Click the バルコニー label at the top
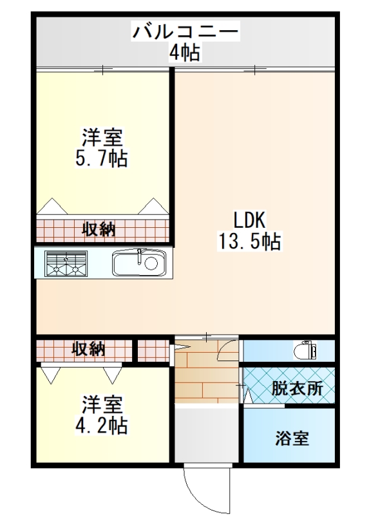click(x=185, y=31)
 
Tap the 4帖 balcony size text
click(x=184, y=52)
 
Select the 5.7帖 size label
click(x=102, y=158)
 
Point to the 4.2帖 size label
click(x=102, y=426)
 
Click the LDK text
click(x=249, y=220)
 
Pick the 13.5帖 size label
click(x=249, y=241)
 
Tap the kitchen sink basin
click(x=139, y=263)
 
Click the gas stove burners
click(x=66, y=263)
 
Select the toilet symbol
click(x=305, y=350)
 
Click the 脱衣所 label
click(x=298, y=389)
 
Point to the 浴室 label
click(x=292, y=438)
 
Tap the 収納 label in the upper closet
click(x=99, y=229)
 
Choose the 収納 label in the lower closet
click(x=89, y=348)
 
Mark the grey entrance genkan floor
click(x=206, y=433)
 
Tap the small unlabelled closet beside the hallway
click(x=153, y=350)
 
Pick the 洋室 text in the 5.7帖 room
click(x=102, y=137)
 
